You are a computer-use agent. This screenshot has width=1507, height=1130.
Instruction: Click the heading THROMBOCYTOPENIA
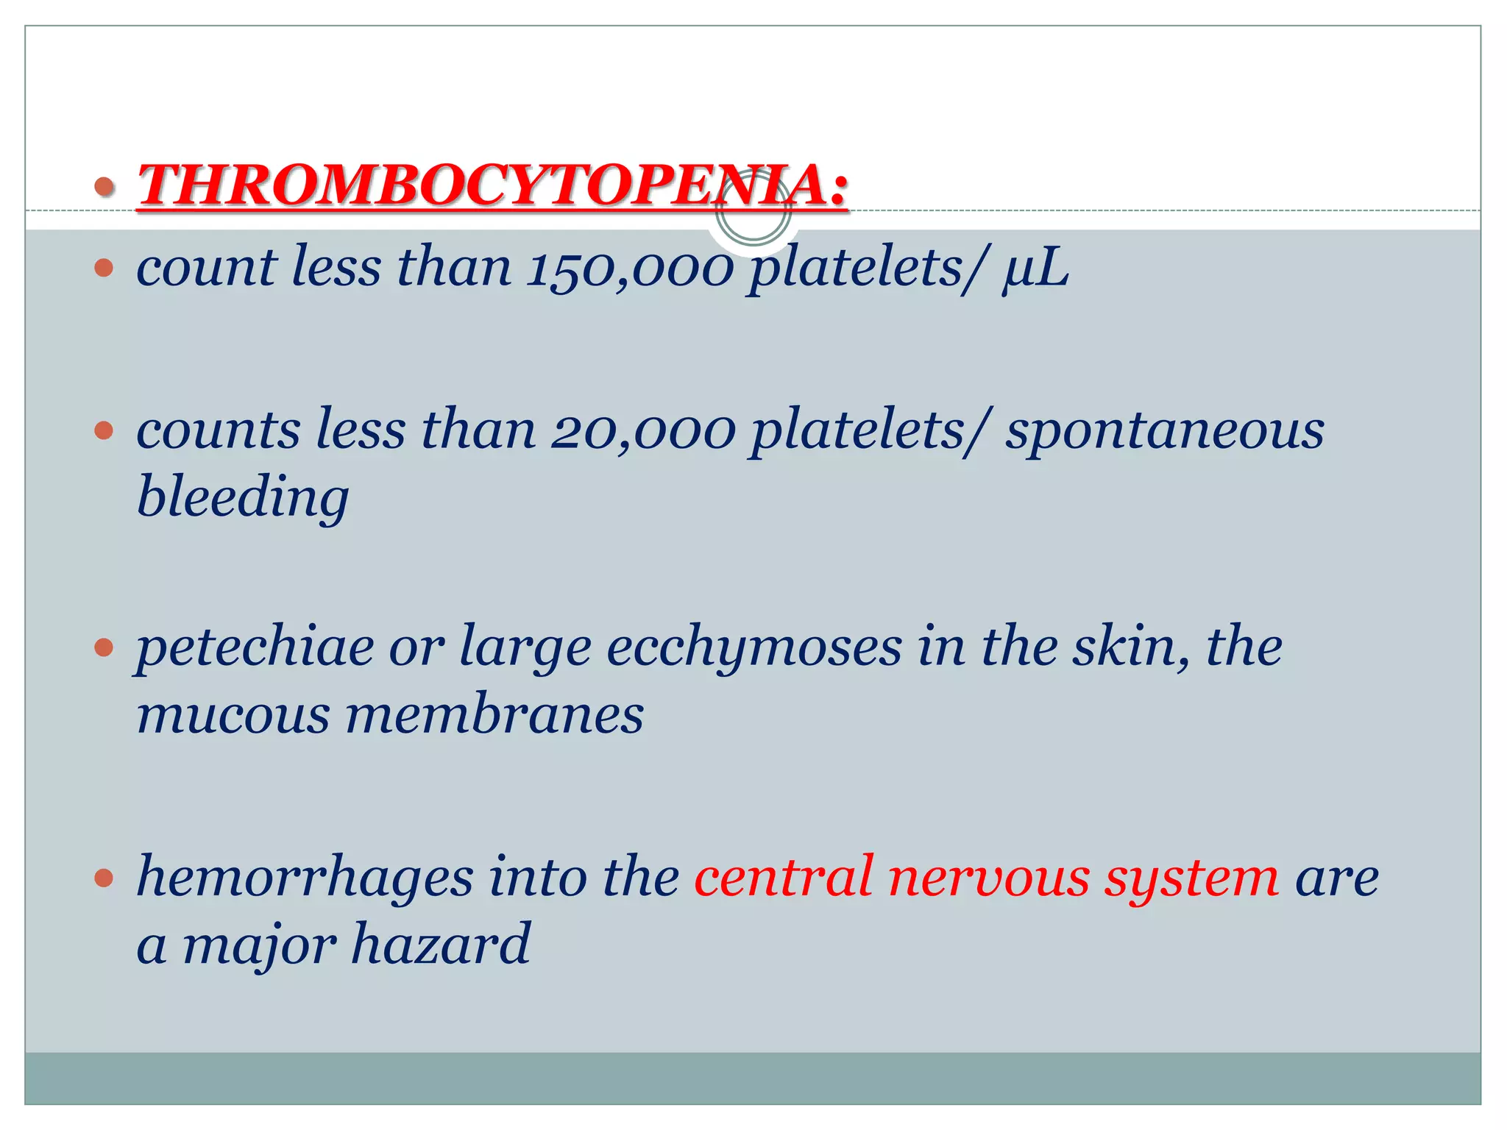[492, 184]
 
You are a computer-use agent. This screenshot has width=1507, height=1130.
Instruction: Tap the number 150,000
[630, 268]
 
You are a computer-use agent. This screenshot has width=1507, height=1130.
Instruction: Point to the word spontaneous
[1165, 431]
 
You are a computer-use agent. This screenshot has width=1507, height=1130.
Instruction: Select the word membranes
[494, 715]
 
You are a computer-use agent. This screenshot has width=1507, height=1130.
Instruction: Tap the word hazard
[440, 945]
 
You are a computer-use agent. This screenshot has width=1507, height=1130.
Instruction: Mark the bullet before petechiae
[104, 647]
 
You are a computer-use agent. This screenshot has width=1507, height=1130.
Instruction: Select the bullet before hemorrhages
[104, 877]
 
